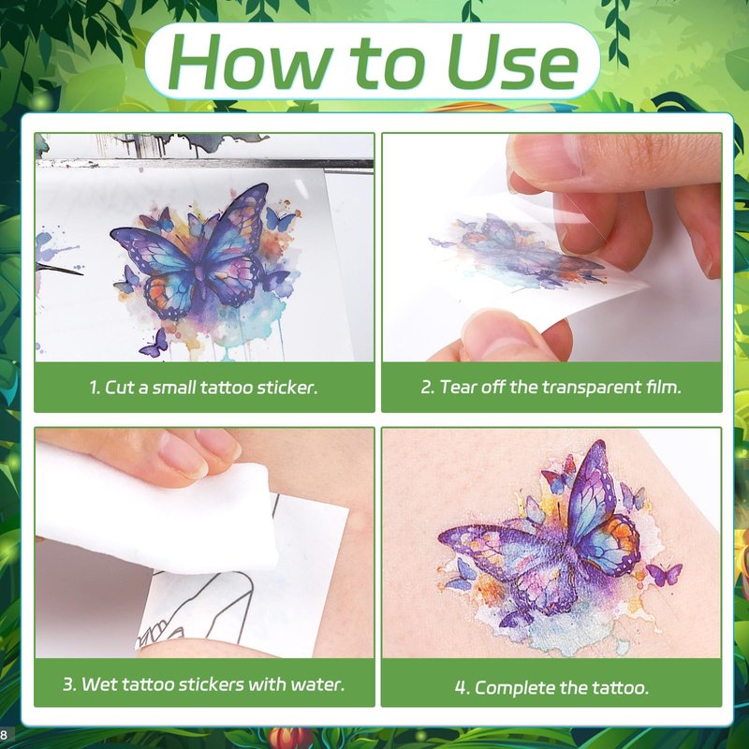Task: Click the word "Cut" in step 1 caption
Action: pos(119,387)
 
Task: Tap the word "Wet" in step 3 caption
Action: pos(97,684)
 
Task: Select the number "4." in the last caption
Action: pos(462,688)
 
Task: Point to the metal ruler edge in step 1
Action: pos(204,163)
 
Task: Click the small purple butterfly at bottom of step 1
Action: pos(154,344)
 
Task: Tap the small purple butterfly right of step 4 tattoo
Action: pos(665,574)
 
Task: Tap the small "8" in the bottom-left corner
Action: pos(4,735)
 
